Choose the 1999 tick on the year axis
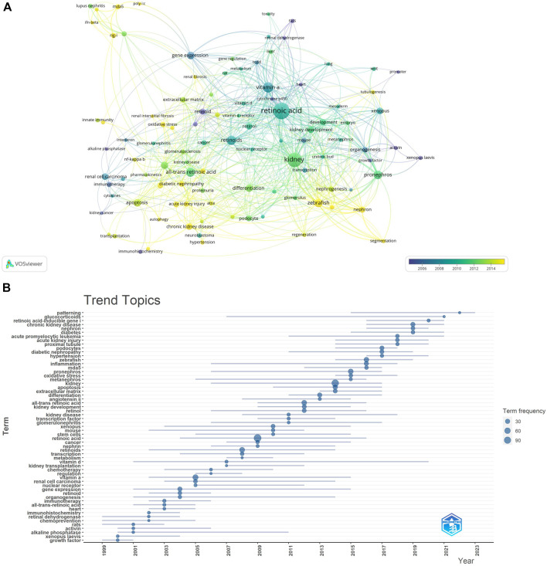(x=105, y=550)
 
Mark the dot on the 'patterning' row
(x=460, y=313)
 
